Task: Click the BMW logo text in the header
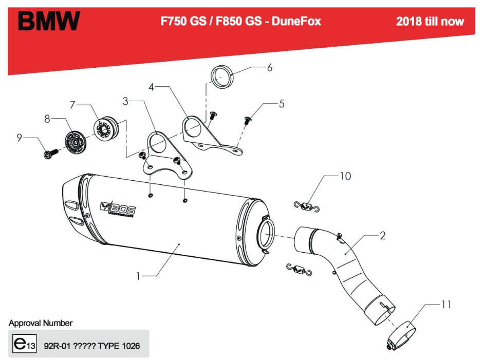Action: pos(49,21)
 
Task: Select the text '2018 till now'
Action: pos(430,21)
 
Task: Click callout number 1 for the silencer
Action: pos(138,276)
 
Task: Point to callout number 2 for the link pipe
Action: pos(382,236)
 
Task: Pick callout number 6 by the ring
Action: pos(269,67)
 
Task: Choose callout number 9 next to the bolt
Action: pos(19,137)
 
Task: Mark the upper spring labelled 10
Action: pos(307,206)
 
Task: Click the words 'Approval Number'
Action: pos(41,323)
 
